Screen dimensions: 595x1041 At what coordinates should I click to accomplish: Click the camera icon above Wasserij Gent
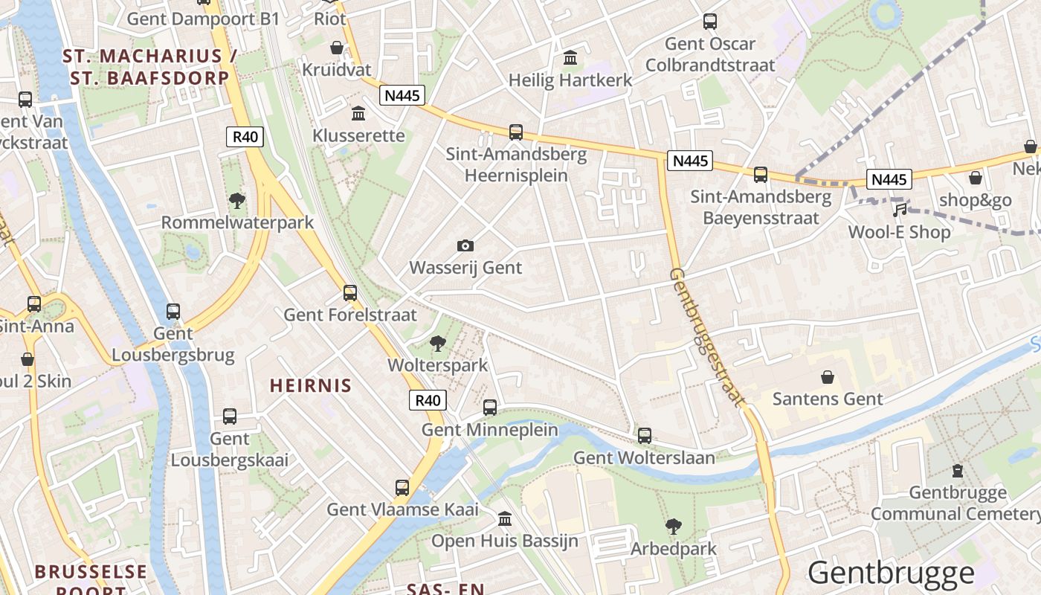point(465,245)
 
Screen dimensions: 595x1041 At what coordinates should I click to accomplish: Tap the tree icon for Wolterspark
point(437,343)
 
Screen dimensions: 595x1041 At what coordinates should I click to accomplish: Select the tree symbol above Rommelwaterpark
point(237,199)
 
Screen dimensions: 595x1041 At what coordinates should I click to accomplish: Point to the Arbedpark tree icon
point(674,527)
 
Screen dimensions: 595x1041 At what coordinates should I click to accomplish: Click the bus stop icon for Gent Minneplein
point(490,407)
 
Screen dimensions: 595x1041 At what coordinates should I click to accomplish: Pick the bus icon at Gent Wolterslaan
point(645,435)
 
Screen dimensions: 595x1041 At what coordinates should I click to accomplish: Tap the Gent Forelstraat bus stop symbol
point(350,292)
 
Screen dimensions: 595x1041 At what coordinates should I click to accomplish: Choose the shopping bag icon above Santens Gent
point(828,377)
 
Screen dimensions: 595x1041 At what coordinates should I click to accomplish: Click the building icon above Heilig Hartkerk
point(570,57)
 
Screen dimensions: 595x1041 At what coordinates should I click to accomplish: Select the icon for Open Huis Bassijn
point(505,518)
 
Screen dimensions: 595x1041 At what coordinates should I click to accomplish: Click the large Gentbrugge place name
point(891,573)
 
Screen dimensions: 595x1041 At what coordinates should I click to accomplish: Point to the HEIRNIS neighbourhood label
point(310,385)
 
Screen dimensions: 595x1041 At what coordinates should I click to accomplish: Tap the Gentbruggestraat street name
point(706,337)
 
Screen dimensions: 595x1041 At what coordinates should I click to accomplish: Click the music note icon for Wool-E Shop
point(900,210)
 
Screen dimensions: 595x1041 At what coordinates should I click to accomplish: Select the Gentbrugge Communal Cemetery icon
point(958,470)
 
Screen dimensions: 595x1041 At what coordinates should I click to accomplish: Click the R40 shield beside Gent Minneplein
point(428,400)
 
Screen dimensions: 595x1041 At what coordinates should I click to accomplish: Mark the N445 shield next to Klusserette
point(402,95)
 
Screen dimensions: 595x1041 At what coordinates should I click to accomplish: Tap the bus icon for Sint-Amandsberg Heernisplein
point(516,132)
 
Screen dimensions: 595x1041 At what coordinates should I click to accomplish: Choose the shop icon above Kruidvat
point(337,47)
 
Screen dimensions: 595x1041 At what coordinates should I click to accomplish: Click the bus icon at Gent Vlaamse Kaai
point(402,487)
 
